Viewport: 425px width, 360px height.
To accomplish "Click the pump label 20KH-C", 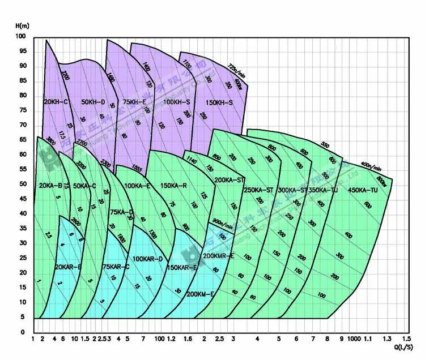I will coord(56,102).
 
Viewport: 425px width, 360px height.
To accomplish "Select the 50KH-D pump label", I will coord(93,102).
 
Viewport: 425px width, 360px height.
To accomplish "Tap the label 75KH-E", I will coord(134,102).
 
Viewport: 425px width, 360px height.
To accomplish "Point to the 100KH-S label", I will coord(176,102).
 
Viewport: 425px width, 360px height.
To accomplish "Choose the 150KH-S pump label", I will coord(219,102).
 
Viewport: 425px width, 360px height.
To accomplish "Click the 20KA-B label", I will coord(50,186).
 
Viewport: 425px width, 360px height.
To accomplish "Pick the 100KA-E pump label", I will coord(137,186).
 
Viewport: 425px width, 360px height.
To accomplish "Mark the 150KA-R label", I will coord(174,186).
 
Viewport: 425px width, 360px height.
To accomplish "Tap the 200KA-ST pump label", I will coord(229,180).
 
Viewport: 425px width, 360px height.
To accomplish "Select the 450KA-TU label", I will coord(363,190).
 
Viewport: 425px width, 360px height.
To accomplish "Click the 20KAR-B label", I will coord(68,267).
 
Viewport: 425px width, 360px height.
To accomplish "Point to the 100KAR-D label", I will coord(147,259).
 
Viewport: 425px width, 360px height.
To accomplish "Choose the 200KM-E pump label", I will coord(200,294).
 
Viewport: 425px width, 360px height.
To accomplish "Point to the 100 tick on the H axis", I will coord(22,36).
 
